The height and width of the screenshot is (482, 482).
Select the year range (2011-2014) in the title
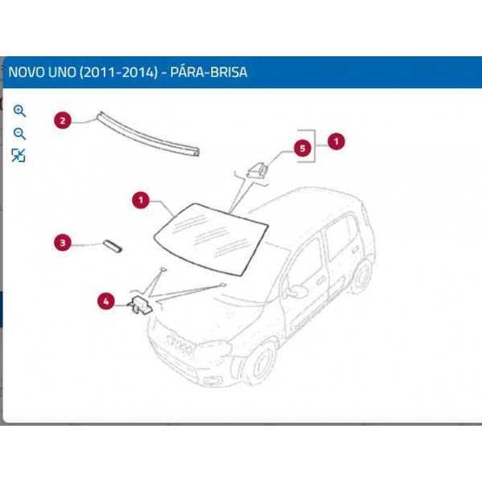(120, 72)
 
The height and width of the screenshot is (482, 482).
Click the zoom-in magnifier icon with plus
(19, 111)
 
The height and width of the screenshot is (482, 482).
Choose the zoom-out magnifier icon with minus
(19, 133)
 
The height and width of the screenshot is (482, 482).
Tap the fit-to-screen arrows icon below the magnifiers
(18, 156)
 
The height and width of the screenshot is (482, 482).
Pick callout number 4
(106, 301)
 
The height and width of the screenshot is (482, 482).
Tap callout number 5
(302, 148)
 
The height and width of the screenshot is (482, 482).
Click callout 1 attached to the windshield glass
(141, 198)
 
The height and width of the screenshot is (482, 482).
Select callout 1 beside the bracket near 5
(336, 141)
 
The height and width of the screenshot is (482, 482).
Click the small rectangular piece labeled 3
(112, 244)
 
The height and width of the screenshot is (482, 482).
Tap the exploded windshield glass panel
(210, 233)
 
